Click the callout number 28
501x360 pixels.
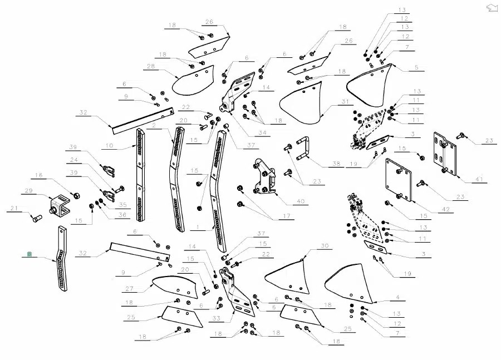151,66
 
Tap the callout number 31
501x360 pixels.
345,102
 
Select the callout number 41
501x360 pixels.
479,179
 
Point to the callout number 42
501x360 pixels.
446,209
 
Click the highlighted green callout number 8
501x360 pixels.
30,254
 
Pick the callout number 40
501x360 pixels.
301,201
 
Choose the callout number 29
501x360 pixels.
29,190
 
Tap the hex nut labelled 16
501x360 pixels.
76,195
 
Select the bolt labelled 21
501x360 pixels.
37,219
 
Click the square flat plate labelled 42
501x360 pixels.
399,180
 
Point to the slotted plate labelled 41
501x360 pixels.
445,154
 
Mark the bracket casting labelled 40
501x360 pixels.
264,176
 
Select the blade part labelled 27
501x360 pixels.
175,287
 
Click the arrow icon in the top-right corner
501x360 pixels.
492,8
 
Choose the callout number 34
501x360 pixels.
262,132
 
